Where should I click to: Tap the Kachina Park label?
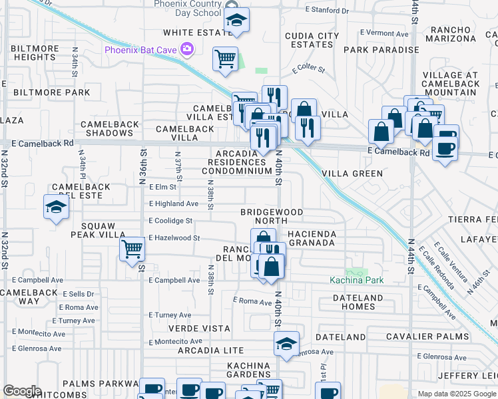(x=357, y=280)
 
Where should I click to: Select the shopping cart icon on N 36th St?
(x=132, y=249)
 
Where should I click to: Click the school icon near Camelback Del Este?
(x=56, y=207)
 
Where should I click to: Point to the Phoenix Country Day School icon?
(x=236, y=20)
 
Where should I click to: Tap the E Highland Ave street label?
(x=174, y=203)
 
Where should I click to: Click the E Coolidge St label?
(x=170, y=221)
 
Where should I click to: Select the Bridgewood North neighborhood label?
(x=272, y=217)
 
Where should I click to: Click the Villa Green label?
(x=352, y=174)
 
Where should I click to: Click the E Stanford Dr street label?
(x=327, y=11)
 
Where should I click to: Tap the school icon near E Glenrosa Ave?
(x=286, y=344)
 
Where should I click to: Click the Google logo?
(x=22, y=391)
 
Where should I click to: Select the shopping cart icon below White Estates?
(x=225, y=59)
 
